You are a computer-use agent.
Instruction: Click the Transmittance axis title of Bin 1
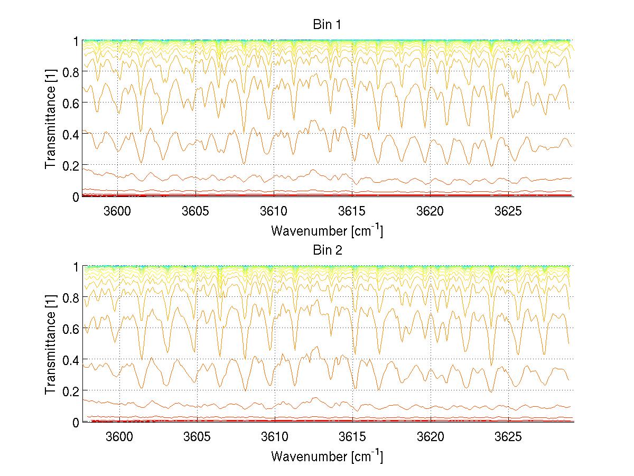(51, 118)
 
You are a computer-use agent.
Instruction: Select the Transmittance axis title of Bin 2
(51, 344)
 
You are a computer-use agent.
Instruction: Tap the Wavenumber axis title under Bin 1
(327, 230)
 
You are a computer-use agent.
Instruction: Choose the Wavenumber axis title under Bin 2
(327, 456)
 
